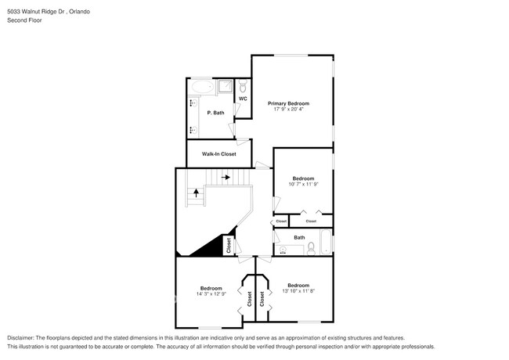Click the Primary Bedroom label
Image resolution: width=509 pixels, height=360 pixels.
288,103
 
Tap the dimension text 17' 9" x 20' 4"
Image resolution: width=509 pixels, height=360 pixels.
288,110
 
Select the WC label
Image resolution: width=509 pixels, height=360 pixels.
243,99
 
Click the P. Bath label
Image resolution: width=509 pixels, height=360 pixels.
215,113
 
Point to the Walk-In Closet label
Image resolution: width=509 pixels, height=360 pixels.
218,154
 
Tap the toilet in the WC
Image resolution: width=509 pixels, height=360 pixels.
243,86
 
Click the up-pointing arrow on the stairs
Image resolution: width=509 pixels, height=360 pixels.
196,192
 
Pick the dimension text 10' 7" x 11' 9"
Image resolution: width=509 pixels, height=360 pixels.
303,185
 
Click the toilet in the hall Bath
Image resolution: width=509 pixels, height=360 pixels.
312,248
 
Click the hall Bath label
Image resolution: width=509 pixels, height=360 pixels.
300,237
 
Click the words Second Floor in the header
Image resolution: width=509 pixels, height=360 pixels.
25,20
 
